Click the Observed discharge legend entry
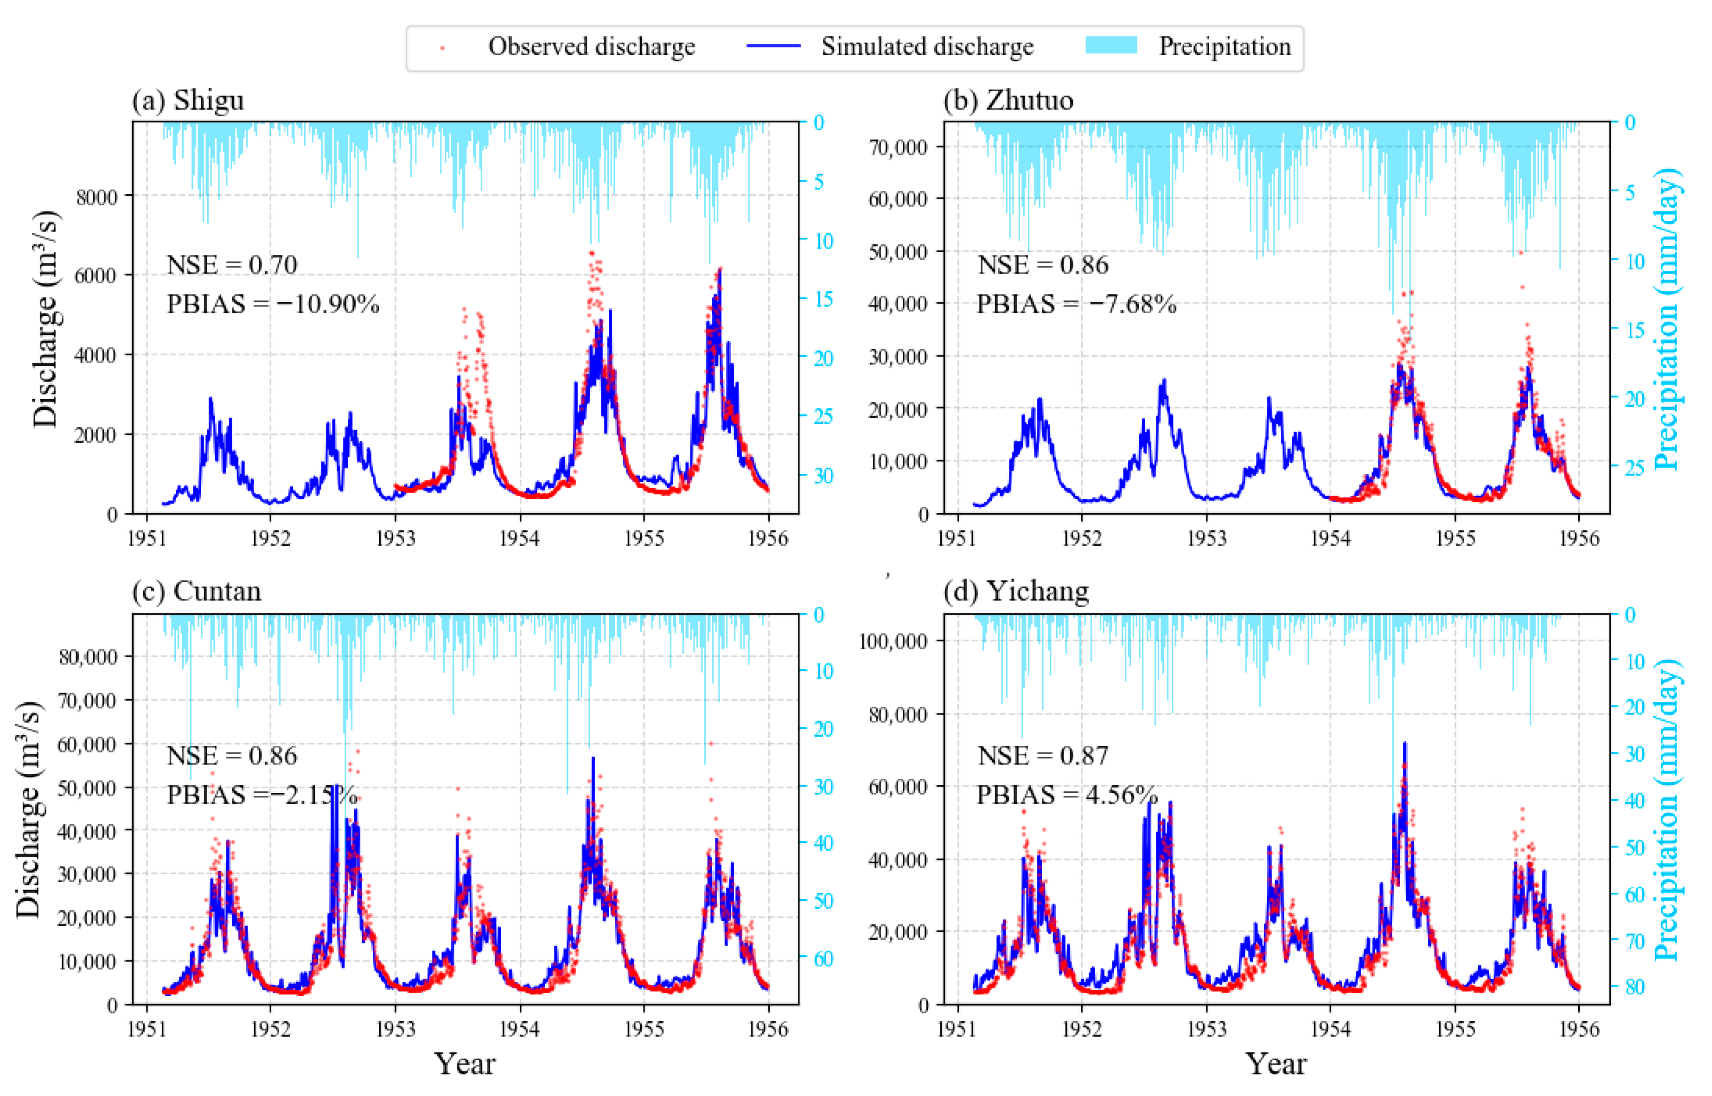tap(591, 47)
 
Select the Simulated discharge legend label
tap(927, 47)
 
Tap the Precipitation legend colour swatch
tap(1111, 45)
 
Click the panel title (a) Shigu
tap(188, 100)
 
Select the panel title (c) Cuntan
tap(196, 591)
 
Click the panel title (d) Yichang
tap(1016, 591)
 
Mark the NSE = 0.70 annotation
tap(232, 264)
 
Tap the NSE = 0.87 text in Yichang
tap(1042, 756)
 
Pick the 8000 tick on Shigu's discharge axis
tap(97, 196)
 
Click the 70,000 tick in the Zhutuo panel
tap(898, 148)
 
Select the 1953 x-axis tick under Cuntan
tap(395, 1030)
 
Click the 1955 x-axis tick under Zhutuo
tap(1455, 538)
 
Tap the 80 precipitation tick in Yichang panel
tap(1636, 987)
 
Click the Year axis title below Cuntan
tap(465, 1065)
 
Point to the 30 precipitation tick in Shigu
tap(823, 476)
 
